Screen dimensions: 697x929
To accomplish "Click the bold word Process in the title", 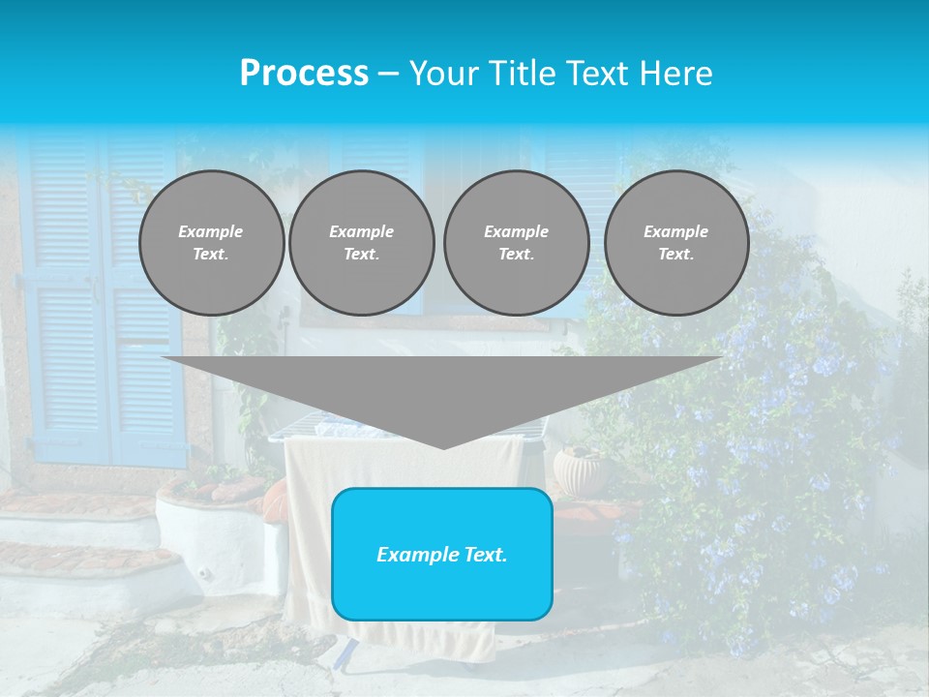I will (x=304, y=74).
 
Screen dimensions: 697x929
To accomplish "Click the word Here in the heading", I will (x=677, y=74).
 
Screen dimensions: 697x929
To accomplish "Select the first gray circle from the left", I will (x=212, y=243).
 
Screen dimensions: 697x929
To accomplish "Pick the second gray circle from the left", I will (x=362, y=243).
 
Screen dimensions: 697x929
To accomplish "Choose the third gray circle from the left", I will (x=517, y=243).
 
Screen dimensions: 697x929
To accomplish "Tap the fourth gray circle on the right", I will (x=676, y=243).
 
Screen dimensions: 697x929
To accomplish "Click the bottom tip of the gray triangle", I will (x=442, y=446).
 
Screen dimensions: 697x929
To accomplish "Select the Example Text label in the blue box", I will (x=442, y=555).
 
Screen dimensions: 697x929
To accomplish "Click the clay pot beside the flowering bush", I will (x=578, y=470).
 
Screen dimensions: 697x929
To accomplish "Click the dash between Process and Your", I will (x=388, y=74).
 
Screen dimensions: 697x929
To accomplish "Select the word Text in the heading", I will (x=600, y=74).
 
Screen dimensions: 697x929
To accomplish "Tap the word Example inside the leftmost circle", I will (x=211, y=231).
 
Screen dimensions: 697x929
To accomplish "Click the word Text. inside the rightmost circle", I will (x=676, y=255).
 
